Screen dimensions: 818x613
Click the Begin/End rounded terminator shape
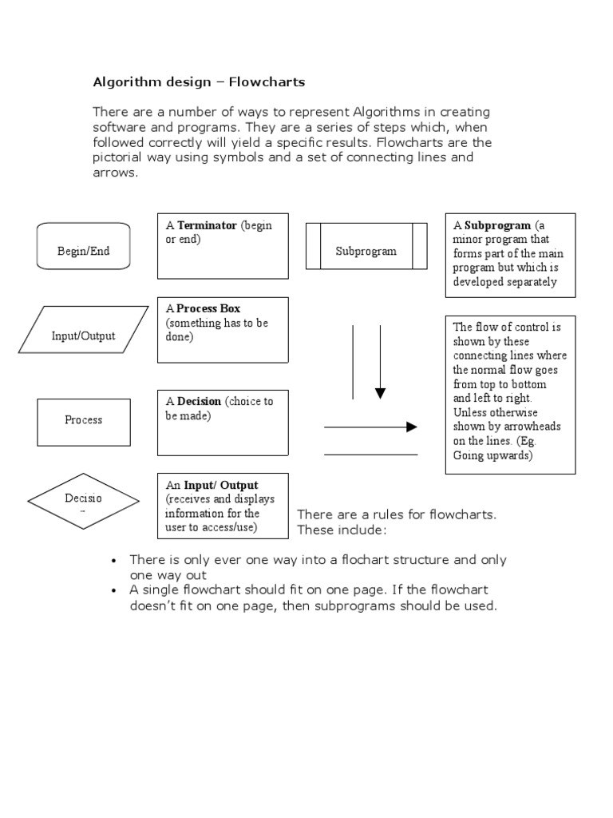83,246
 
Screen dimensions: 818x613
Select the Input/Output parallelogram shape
83,329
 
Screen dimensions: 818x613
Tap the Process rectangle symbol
83,422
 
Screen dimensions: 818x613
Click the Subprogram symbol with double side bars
366,246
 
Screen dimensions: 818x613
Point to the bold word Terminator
207,225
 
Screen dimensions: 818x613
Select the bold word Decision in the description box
199,401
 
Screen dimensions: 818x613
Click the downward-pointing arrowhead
380,393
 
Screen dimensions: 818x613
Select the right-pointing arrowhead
412,427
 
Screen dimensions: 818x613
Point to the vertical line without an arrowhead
353,361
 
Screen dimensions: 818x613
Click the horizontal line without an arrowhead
370,455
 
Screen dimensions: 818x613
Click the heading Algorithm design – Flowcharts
199,81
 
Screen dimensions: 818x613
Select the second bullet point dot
115,591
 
